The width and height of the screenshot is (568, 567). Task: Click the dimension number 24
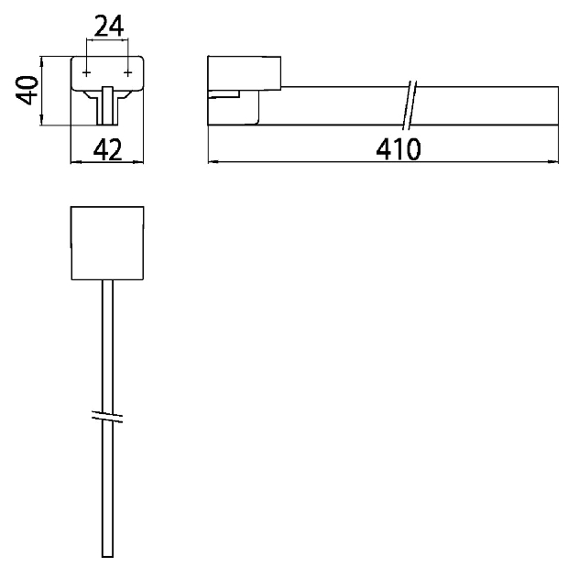108,26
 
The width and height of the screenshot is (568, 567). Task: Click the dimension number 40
27,90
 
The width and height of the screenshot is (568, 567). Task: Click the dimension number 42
107,150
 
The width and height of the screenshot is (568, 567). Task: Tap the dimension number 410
399,149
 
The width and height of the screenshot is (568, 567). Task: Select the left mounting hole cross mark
86,73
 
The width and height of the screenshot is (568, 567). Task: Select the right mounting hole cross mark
127,73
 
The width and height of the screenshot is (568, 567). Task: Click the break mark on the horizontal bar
410,105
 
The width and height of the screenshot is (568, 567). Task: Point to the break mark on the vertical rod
107,418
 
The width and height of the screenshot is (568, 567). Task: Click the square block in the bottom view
107,243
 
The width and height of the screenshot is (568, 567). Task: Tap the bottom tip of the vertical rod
107,557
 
